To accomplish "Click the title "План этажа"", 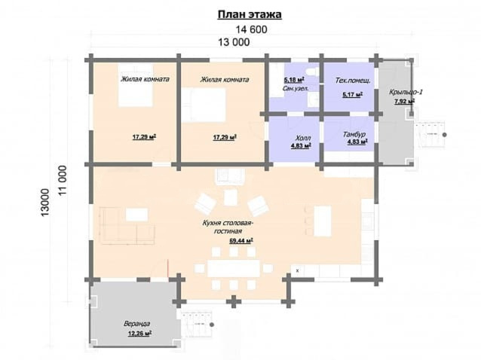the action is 250,14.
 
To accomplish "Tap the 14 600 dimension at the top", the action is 251,29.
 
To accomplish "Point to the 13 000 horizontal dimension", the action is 234,42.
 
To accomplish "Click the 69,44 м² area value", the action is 241,241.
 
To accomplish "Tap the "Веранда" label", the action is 136,324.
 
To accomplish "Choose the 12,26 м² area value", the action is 140,334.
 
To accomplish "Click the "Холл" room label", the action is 303,138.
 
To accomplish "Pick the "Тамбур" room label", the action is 354,135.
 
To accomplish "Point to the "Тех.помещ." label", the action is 353,81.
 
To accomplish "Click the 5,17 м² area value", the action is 353,94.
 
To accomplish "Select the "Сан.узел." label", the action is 296,88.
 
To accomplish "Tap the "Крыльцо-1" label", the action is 406,92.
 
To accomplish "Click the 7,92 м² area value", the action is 404,101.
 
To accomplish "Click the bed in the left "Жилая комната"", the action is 136,85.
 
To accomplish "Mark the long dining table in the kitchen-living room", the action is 234,269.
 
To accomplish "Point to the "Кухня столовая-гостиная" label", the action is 228,227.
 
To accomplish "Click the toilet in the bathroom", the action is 313,72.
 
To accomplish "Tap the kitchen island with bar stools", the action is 323,221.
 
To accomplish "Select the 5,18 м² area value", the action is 294,81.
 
